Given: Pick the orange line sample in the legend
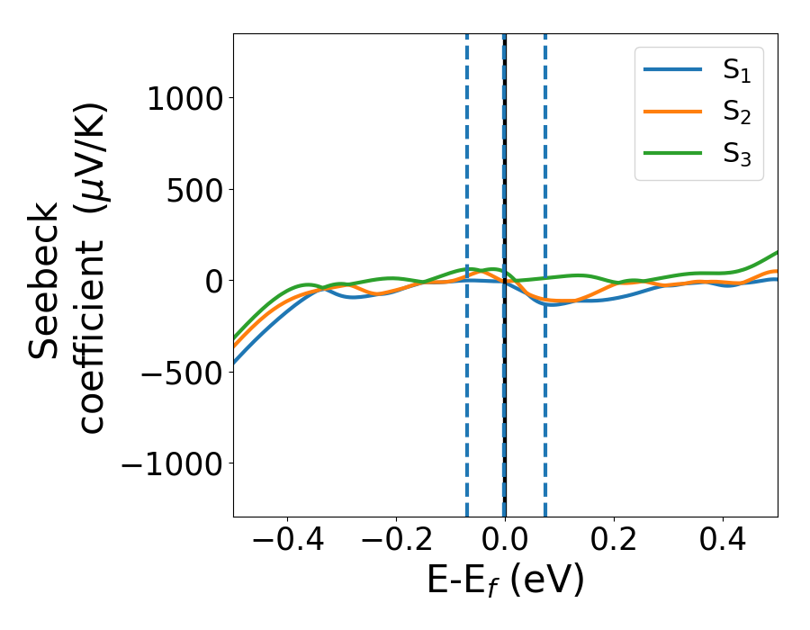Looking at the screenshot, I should click(x=673, y=111).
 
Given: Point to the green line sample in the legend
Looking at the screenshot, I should click(x=673, y=152).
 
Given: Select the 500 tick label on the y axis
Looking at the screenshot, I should click(x=191, y=190).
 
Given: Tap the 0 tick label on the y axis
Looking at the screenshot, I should click(x=212, y=281).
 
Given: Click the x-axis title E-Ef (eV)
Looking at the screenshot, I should click(x=505, y=580).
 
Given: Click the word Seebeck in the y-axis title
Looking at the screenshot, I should click(x=45, y=281).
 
